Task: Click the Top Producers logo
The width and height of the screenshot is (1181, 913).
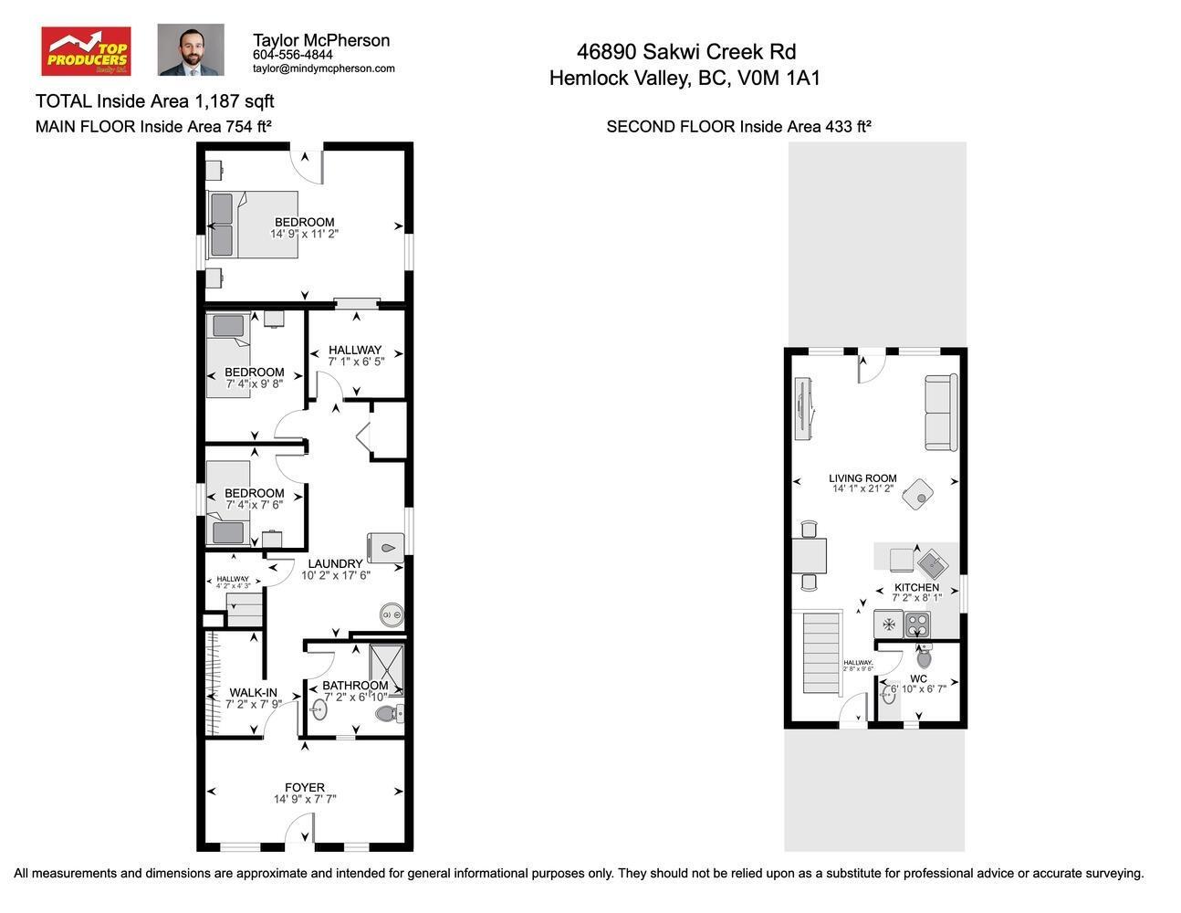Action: coord(86,51)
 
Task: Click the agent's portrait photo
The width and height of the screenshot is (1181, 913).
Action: coord(191,50)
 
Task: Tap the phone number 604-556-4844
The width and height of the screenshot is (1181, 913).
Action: coord(292,55)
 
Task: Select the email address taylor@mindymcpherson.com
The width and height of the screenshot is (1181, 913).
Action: coord(323,68)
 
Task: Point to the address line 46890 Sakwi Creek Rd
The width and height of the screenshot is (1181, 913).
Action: coord(685,52)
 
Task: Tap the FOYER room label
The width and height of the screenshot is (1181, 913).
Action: coord(304,787)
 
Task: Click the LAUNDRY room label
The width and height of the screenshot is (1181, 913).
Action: coord(335,563)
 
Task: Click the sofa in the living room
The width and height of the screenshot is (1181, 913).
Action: coord(941,413)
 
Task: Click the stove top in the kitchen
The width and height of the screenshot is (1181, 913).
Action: coord(917,624)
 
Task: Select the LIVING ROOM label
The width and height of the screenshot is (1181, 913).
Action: coord(862,477)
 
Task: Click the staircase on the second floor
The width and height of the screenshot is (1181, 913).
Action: coord(821,654)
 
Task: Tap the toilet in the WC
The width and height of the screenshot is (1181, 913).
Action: coord(924,656)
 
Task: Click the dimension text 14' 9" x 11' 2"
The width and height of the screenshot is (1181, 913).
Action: coord(304,235)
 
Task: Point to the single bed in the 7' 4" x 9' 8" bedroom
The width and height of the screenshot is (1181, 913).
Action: coord(227,356)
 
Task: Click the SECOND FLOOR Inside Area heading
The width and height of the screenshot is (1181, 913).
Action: coord(738,127)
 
